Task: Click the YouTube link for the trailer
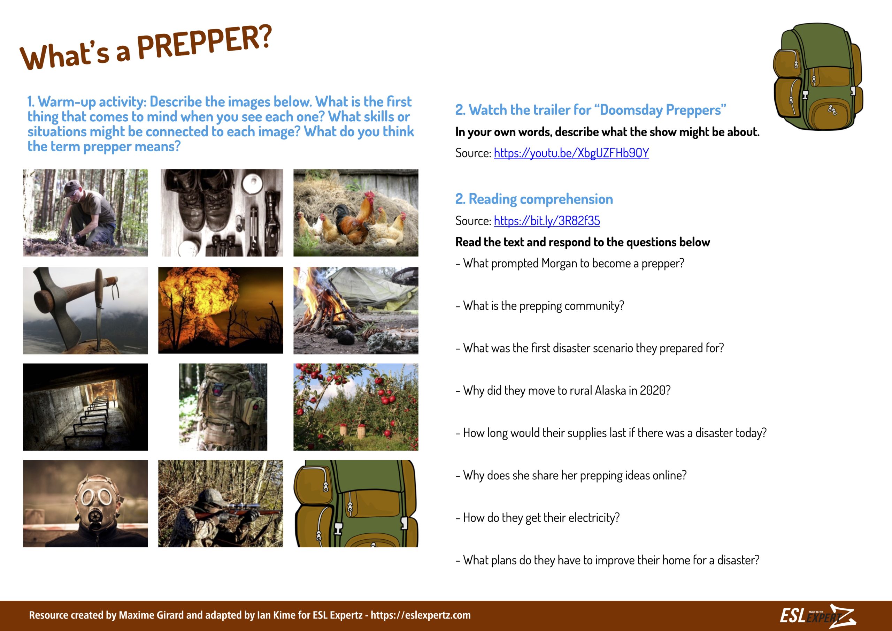pyautogui.click(x=571, y=153)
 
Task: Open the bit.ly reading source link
pyautogui.click(x=547, y=221)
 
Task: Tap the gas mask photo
pyautogui.click(x=85, y=503)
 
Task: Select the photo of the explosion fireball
pyautogui.click(x=220, y=310)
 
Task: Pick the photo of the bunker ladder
pyautogui.click(x=85, y=407)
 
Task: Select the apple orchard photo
pyautogui.click(x=355, y=407)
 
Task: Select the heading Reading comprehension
pyautogui.click(x=540, y=199)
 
